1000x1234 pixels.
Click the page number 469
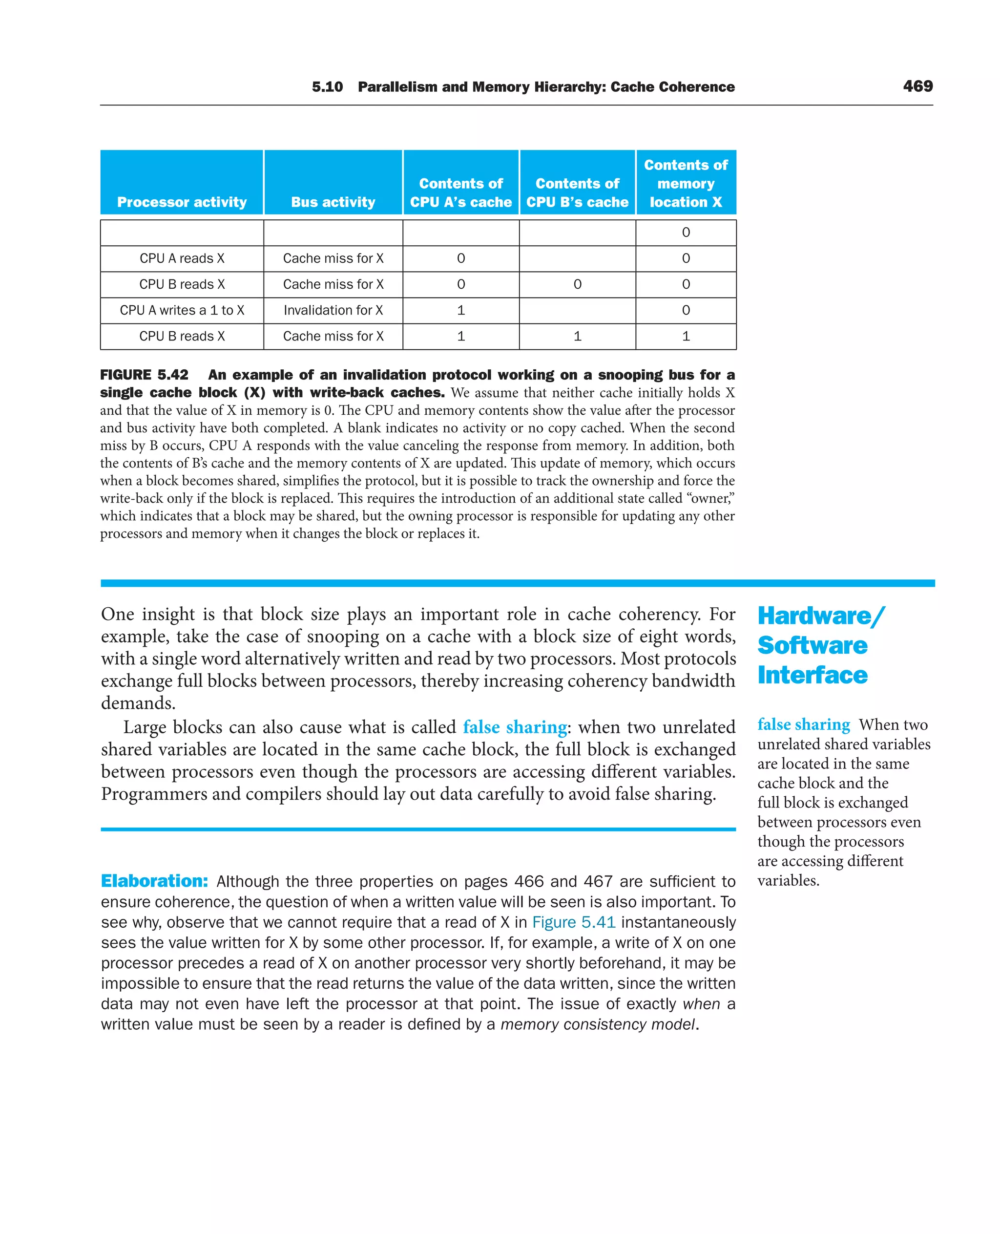917,86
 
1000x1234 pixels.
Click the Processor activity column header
182,202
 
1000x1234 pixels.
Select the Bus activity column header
333,202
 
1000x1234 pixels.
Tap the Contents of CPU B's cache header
577,192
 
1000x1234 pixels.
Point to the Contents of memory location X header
686,183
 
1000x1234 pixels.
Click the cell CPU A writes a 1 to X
182,310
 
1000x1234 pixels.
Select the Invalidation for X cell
333,310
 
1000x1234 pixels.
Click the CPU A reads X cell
182,258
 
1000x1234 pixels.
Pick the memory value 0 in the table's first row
686,232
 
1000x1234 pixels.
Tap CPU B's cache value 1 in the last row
577,336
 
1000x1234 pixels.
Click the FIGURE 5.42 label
144,375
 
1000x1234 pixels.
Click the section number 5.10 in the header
327,87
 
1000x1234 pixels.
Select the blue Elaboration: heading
154,881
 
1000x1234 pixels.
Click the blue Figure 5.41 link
574,922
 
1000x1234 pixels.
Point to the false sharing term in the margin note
803,724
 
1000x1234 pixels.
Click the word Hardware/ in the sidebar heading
820,616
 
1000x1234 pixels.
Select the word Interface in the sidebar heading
812,675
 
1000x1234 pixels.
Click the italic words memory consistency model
597,1024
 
